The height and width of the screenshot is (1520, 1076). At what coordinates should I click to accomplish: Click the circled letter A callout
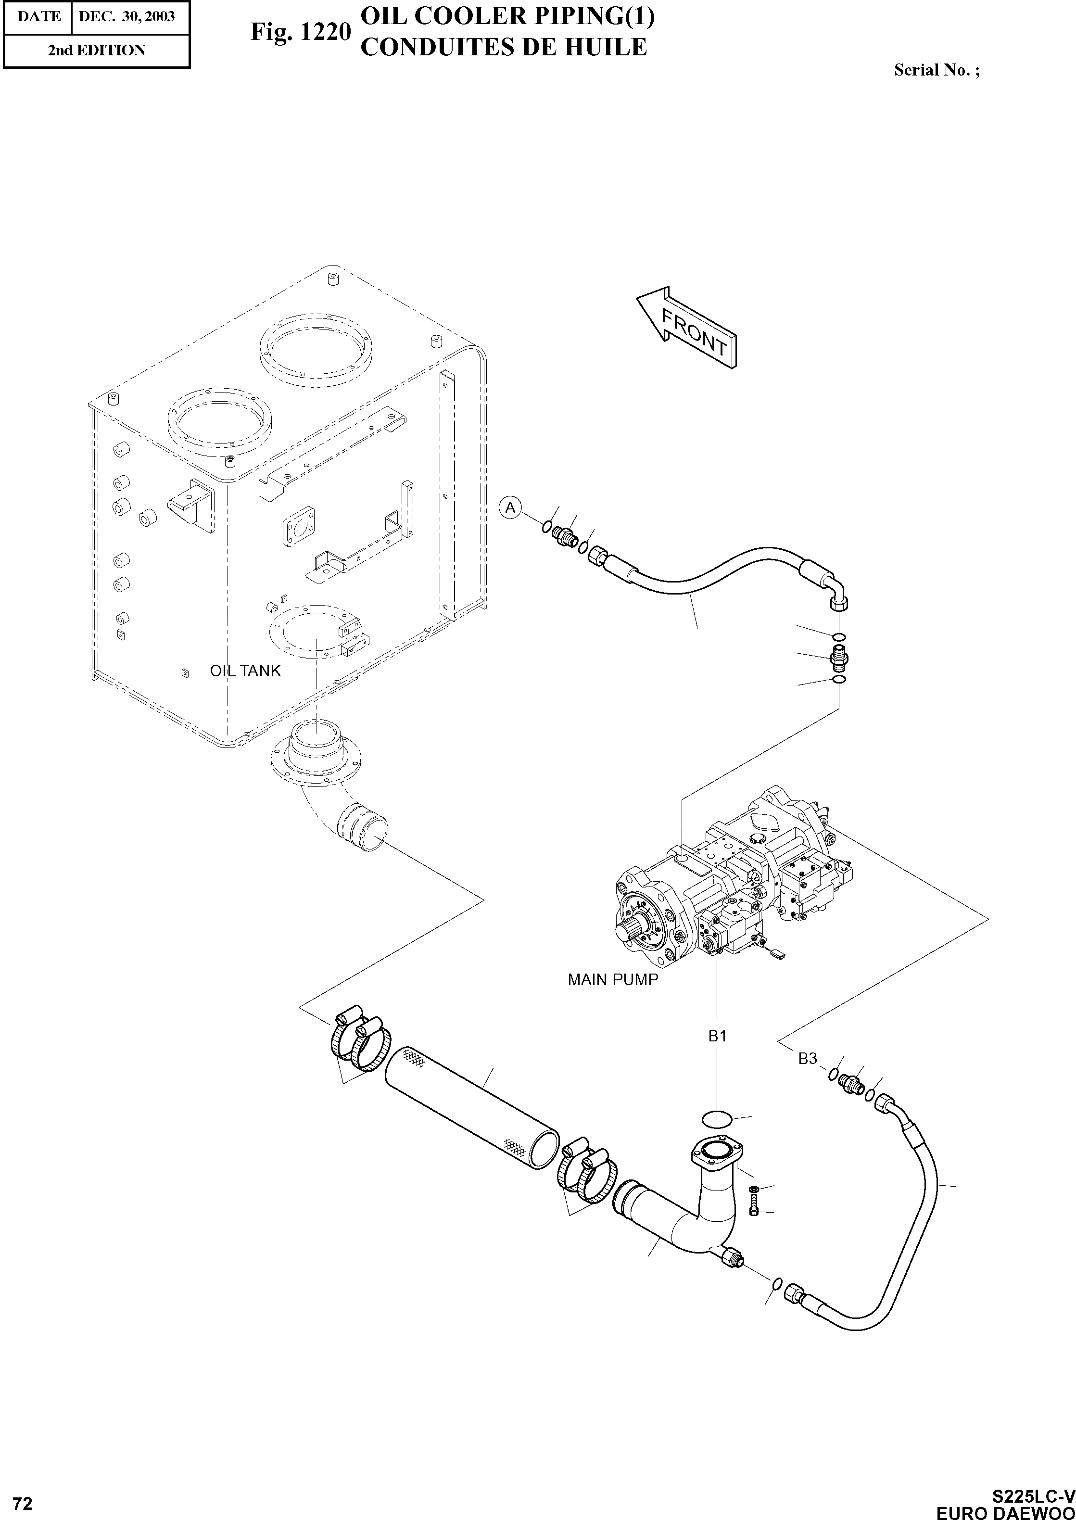pos(510,508)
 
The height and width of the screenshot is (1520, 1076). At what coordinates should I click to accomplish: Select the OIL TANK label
pos(245,671)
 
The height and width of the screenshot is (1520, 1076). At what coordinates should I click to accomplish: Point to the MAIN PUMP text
pos(613,979)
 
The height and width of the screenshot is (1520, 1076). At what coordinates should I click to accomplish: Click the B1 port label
pos(718,1036)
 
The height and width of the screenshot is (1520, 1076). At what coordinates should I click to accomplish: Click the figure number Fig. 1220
pos(300,32)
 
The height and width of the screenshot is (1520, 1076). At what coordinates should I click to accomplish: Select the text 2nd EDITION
pos(96,51)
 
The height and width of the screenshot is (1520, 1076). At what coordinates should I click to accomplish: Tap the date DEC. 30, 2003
pos(127,16)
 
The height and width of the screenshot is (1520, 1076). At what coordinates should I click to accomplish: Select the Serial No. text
pos(936,70)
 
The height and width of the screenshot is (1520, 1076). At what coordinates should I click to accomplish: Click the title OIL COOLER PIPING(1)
pos(507,16)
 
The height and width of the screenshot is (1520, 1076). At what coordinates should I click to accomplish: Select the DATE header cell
pos(38,16)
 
